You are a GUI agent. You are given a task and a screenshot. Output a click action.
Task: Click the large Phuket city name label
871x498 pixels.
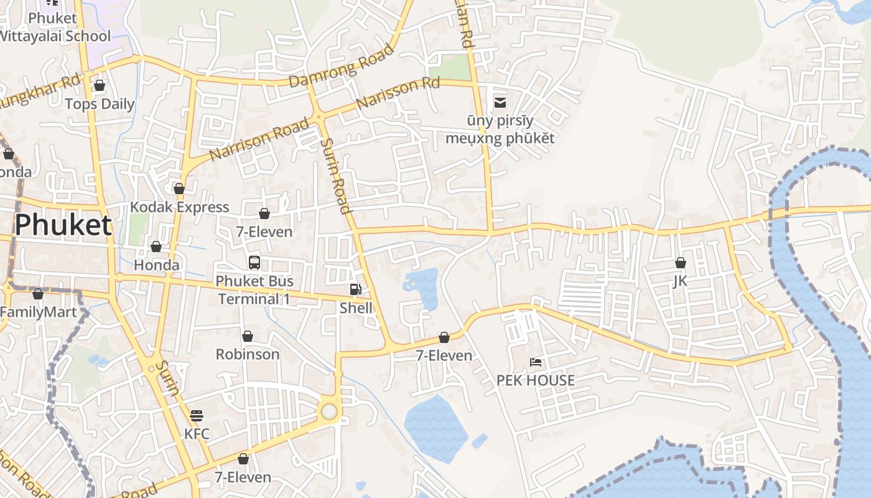(x=63, y=225)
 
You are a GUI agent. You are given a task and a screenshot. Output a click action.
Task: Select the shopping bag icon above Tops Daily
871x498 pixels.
(x=99, y=85)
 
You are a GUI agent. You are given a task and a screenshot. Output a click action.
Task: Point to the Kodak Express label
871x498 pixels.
(x=179, y=207)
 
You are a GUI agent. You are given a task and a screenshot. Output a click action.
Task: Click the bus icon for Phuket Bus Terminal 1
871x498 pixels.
(x=254, y=262)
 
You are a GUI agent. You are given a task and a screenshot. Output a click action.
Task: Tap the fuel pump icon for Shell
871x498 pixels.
(x=355, y=289)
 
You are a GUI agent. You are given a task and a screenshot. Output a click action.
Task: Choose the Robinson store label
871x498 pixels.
(x=247, y=354)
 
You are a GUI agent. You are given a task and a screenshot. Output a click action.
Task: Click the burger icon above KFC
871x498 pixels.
(x=197, y=415)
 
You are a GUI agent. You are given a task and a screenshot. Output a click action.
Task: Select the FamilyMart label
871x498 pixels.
(x=39, y=312)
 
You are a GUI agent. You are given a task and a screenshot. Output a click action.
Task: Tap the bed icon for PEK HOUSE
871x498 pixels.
(x=535, y=362)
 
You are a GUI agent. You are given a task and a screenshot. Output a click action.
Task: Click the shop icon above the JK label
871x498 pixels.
(x=680, y=263)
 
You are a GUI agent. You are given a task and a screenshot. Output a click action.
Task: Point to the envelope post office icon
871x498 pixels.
(x=500, y=103)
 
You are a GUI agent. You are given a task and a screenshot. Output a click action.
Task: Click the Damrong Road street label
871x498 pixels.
(x=342, y=65)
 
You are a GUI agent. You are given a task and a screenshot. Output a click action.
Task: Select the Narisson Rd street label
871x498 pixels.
(x=398, y=93)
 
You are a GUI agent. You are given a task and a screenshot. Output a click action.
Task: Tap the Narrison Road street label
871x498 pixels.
(x=259, y=139)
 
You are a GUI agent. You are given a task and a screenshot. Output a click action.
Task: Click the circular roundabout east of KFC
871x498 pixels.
(x=329, y=411)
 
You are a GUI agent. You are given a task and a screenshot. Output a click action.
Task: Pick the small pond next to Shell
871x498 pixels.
(x=422, y=285)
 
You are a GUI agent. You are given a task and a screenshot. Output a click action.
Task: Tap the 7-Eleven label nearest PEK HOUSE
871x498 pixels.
(x=444, y=355)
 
